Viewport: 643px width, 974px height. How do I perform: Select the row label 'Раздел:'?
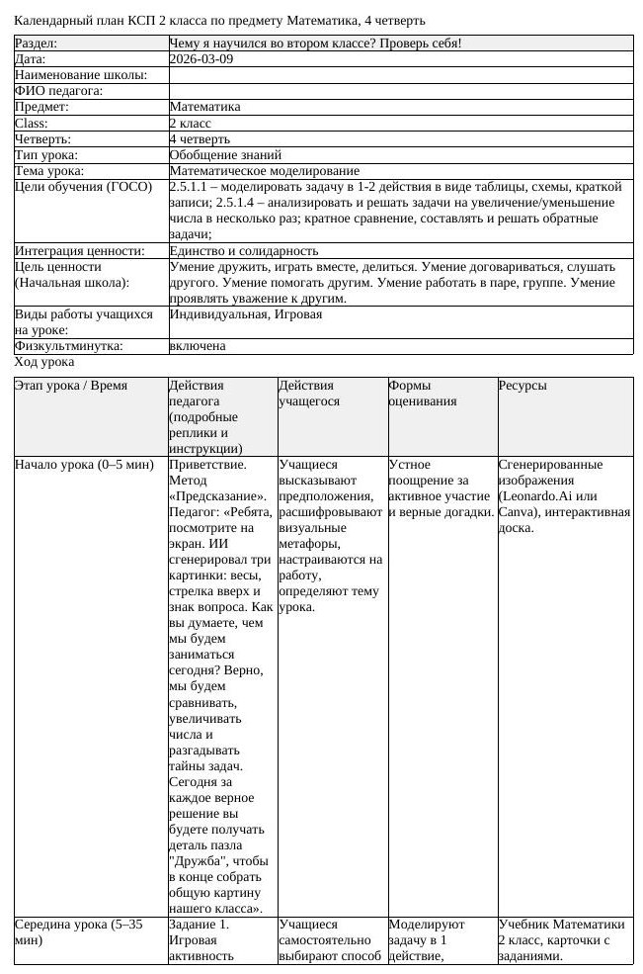point(36,44)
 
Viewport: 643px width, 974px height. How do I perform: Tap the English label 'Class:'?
point(32,124)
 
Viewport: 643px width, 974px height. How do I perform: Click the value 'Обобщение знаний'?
point(225,155)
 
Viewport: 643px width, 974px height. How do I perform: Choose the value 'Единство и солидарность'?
point(244,251)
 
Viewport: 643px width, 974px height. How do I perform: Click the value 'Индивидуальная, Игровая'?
point(246,314)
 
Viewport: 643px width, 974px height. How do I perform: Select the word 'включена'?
point(198,346)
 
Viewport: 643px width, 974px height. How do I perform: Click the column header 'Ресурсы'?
point(522,386)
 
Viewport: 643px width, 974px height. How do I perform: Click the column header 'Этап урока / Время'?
point(71,386)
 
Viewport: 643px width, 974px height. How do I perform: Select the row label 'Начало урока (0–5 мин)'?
point(84,465)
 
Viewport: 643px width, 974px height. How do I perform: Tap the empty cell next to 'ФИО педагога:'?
point(400,91)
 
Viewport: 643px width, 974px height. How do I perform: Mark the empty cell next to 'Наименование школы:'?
point(400,75)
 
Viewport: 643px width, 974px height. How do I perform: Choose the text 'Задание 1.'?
point(200,925)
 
